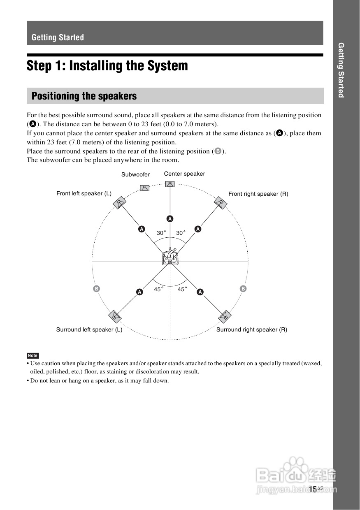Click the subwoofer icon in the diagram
pyautogui.click(x=144, y=188)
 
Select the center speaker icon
pyautogui.click(x=170, y=183)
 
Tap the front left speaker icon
pyautogui.click(x=119, y=203)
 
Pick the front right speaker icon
pyautogui.click(x=221, y=203)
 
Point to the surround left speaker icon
pyautogui.click(x=115, y=316)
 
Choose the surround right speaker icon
pyautogui.click(x=225, y=316)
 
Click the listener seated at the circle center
pyautogui.click(x=170, y=257)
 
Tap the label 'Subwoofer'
pyautogui.click(x=135, y=175)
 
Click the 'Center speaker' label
pyautogui.click(x=184, y=174)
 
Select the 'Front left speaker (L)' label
pyautogui.click(x=84, y=194)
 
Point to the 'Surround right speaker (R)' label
pyautogui.click(x=252, y=330)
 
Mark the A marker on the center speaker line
pyautogui.click(x=170, y=218)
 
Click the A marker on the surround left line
pyautogui.click(x=139, y=292)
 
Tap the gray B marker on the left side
pyautogui.click(x=97, y=289)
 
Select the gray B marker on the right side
pyautogui.click(x=243, y=289)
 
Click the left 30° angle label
pyautogui.click(x=161, y=233)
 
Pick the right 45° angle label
pyautogui.click(x=182, y=290)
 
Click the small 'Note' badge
pyautogui.click(x=33, y=356)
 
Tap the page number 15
pyautogui.click(x=313, y=489)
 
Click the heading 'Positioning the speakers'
pyautogui.click(x=84, y=96)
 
